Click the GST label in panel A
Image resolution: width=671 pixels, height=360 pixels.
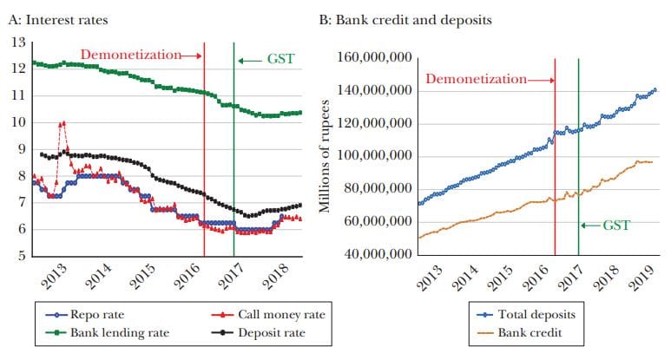coord(280,59)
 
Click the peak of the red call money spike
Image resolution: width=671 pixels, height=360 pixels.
coord(63,123)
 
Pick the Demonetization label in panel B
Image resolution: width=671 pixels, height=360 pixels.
coord(477,79)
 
